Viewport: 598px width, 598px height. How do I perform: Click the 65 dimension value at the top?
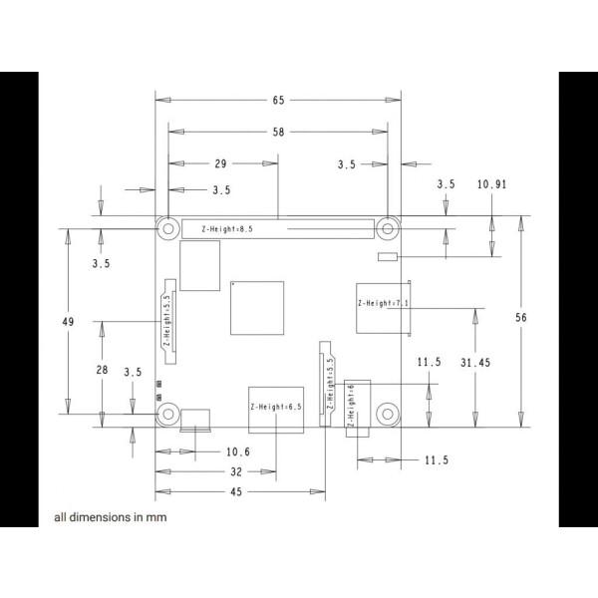[277, 100]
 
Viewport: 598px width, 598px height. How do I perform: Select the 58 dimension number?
[277, 132]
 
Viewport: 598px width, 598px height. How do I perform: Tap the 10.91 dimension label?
[491, 184]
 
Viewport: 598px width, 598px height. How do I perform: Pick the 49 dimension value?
[68, 322]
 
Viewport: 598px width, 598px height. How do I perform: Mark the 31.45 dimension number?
[475, 363]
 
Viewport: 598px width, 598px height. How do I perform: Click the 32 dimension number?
[236, 471]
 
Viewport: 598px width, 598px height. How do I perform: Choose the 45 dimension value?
[236, 491]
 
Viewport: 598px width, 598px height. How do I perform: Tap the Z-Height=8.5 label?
[227, 229]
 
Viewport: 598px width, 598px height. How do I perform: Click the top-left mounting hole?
[167, 228]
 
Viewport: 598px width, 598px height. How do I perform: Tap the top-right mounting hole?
[387, 228]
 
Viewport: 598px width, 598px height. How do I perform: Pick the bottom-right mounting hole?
[387, 412]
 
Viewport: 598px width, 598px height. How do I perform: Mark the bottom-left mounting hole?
[167, 412]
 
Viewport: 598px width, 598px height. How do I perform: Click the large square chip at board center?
[256, 307]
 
